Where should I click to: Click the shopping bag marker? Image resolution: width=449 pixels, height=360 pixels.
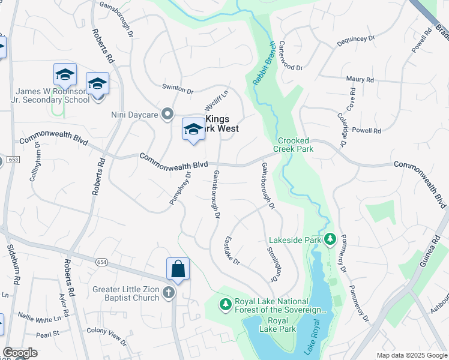pyautogui.click(x=178, y=269)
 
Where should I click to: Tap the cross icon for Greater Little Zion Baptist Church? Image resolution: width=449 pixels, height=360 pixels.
pyautogui.click(x=169, y=292)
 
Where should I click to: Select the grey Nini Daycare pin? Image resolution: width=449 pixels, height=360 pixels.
pyautogui.click(x=168, y=113)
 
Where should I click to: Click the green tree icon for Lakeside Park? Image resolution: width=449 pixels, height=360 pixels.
pyautogui.click(x=330, y=240)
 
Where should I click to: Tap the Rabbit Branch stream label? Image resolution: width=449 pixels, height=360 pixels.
pyautogui.click(x=262, y=62)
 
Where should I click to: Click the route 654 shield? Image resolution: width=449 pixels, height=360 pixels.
pyautogui.click(x=101, y=261)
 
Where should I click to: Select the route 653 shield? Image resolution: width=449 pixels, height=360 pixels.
pyautogui.click(x=13, y=160)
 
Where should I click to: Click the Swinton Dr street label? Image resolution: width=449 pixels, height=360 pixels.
pyautogui.click(x=178, y=88)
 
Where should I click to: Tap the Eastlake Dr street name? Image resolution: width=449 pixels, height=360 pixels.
pyautogui.click(x=232, y=251)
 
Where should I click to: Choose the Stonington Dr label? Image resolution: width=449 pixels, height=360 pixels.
pyautogui.click(x=273, y=264)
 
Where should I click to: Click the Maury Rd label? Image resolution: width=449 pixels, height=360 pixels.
pyautogui.click(x=360, y=79)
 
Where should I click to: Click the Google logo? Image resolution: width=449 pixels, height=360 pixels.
pyautogui.click(x=20, y=353)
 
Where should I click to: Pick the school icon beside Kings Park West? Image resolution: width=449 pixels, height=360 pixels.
pyautogui.click(x=193, y=129)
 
